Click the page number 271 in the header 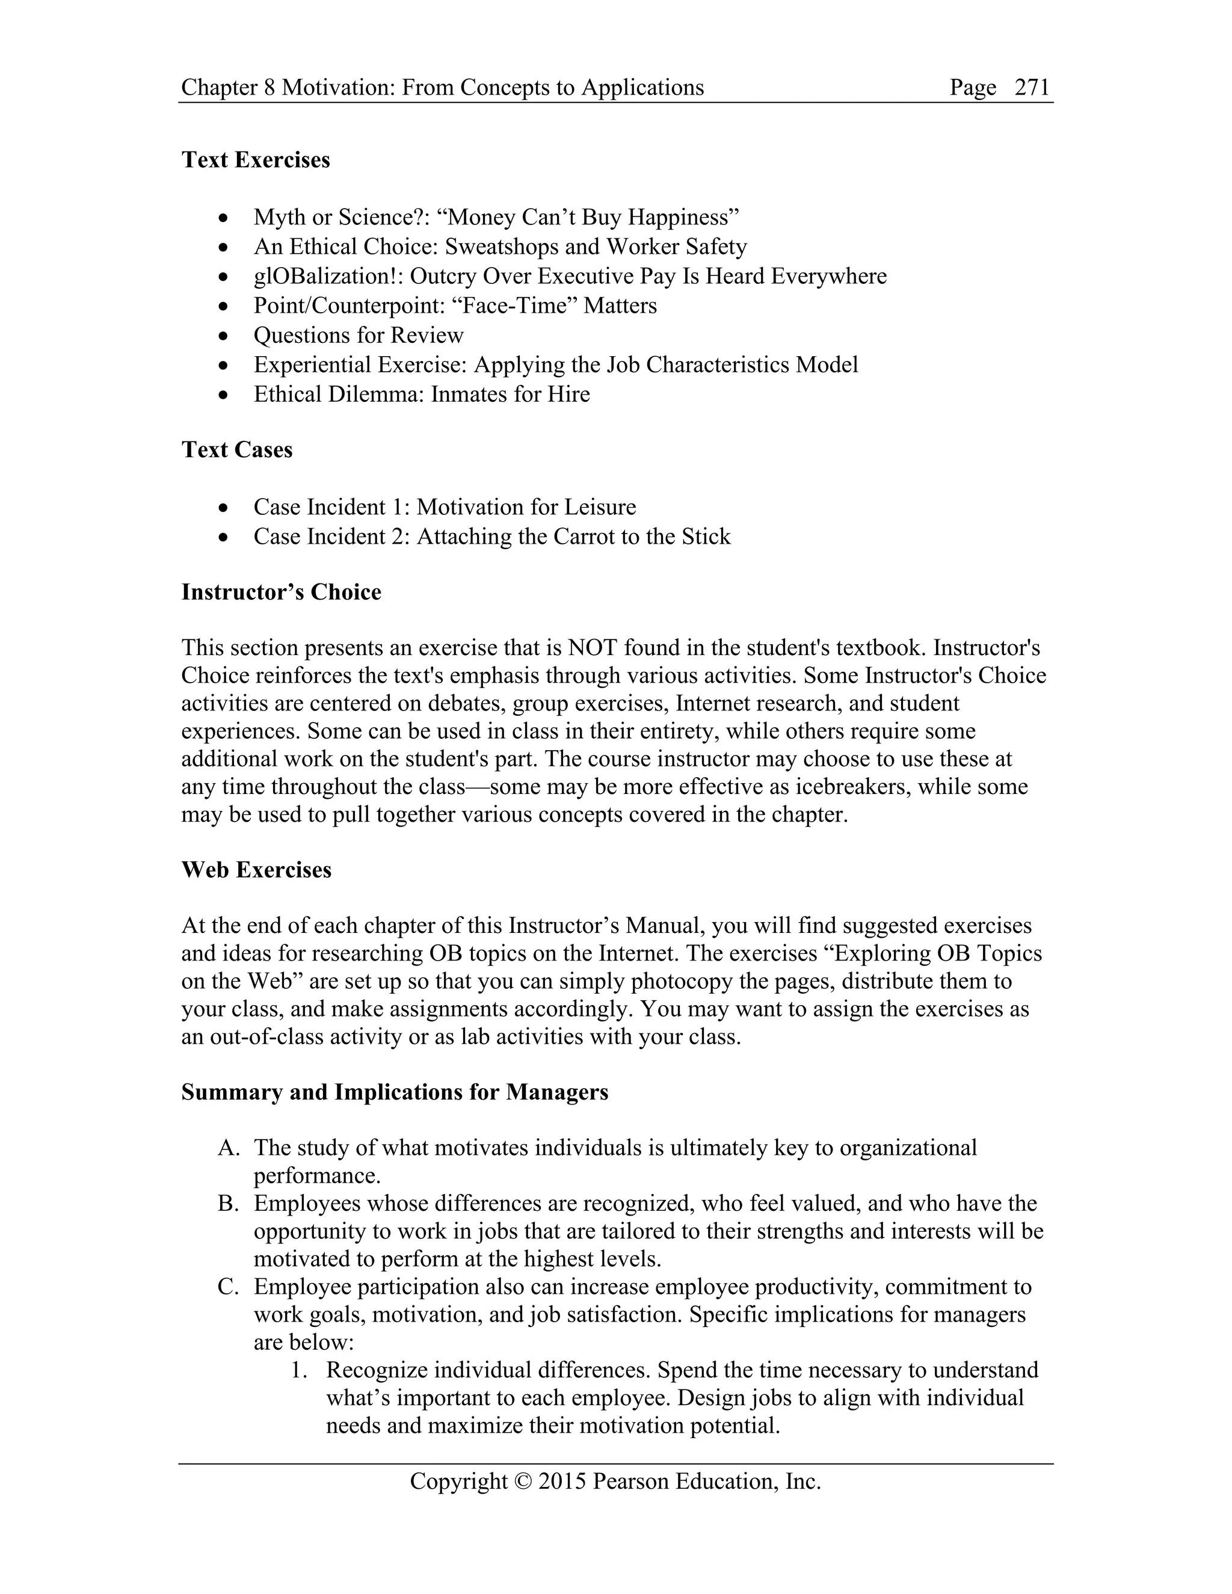point(1032,88)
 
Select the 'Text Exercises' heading point(256,160)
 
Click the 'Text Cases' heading point(236,449)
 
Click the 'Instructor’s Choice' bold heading point(281,592)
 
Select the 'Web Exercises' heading point(256,870)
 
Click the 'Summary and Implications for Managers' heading point(395,1092)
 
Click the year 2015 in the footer point(562,1481)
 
